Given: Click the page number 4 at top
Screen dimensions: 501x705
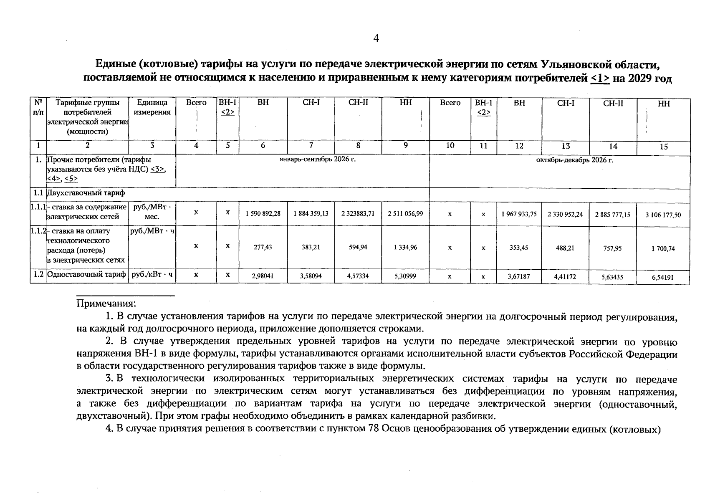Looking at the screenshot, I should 376,38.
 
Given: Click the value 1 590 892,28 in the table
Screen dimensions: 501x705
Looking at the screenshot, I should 263,213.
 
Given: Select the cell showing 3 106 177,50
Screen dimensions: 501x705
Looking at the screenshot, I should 663,215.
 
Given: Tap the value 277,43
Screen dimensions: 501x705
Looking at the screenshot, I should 263,247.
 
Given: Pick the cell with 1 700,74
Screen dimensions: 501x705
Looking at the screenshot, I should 663,249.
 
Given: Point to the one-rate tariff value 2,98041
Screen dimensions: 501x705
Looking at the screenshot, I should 263,276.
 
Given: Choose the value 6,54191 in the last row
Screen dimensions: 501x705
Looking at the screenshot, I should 663,277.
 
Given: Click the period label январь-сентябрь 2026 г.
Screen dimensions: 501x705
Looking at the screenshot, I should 318,159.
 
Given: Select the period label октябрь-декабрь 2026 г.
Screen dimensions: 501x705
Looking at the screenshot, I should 574,160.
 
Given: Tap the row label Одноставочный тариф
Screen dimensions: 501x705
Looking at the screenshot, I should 87,275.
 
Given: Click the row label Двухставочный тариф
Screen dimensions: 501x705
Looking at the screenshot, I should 86,193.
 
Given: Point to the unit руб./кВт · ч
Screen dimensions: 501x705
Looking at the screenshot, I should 152,275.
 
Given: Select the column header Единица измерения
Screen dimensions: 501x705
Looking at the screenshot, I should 152,107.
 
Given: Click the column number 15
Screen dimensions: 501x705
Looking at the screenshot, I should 664,147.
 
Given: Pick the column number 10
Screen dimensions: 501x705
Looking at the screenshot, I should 450,145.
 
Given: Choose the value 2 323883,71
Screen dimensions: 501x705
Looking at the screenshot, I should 358,213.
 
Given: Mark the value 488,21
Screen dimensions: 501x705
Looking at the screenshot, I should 565,248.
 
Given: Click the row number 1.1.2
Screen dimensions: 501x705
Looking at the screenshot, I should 38,231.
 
